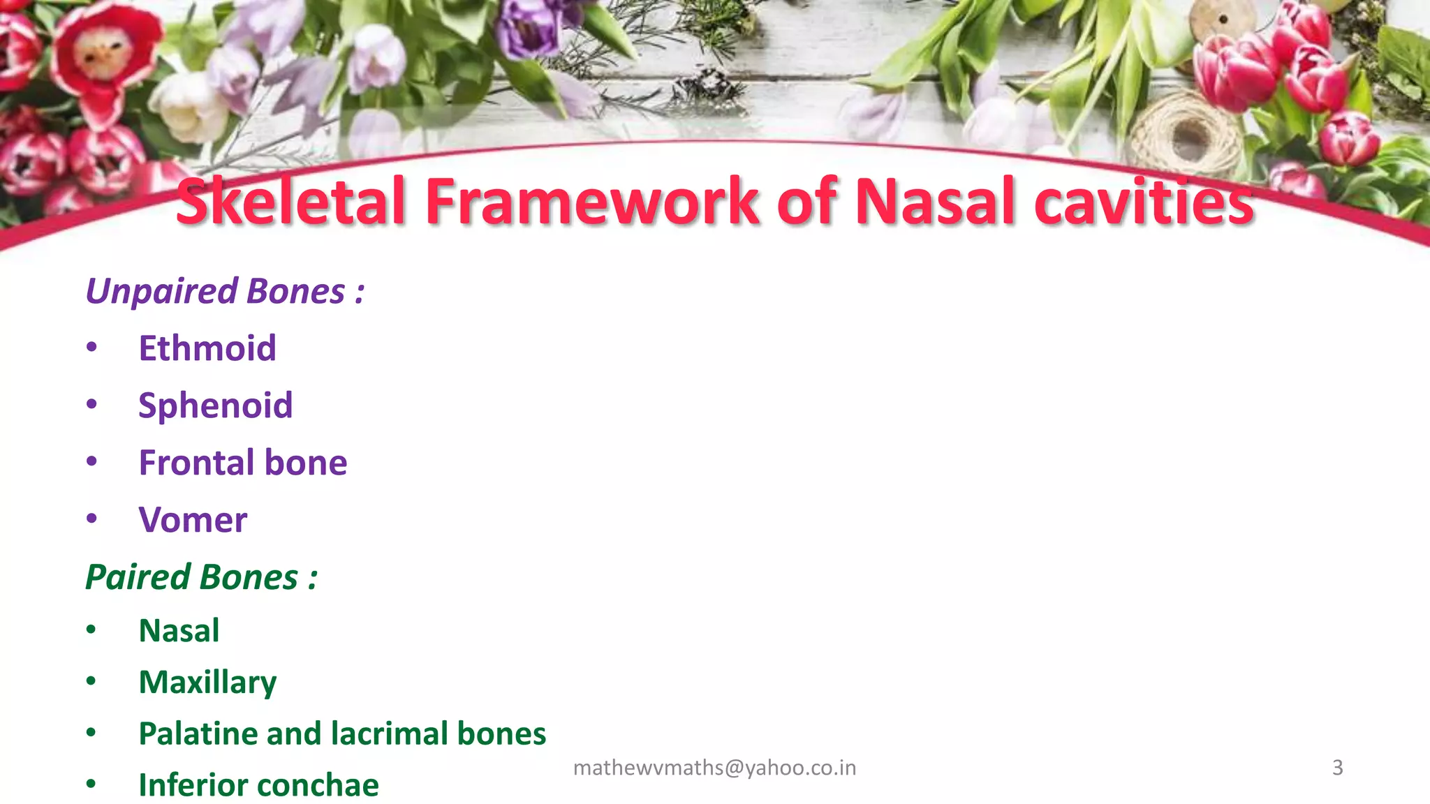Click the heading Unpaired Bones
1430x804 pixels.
tap(224, 291)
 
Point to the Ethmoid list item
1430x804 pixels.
tap(207, 348)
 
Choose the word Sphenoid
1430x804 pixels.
tap(215, 405)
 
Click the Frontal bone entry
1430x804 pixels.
tap(242, 463)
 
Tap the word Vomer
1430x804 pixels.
tap(193, 520)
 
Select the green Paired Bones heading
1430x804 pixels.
tap(201, 577)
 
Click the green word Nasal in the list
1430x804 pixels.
tap(179, 631)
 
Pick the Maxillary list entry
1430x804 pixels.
tap(207, 683)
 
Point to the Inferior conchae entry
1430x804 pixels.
tap(258, 785)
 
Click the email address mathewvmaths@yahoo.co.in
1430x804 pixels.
tap(714, 768)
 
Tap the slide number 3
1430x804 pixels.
tap(1337, 768)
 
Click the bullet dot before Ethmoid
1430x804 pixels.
tap(91, 347)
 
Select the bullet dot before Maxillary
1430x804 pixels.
tap(91, 680)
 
